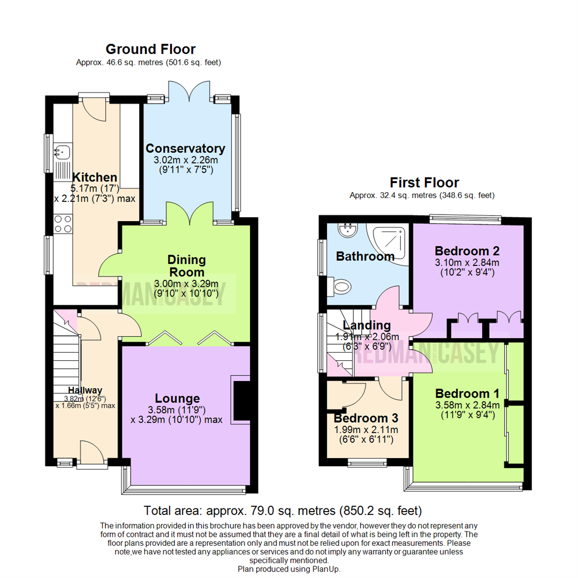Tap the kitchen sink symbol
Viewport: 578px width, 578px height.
[63, 152]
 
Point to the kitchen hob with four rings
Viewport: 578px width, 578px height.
[63, 223]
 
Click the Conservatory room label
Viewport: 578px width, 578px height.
[185, 148]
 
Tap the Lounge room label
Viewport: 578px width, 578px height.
[177, 398]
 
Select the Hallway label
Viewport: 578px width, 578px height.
[85, 390]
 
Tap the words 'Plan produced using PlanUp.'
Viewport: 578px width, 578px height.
[289, 569]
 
